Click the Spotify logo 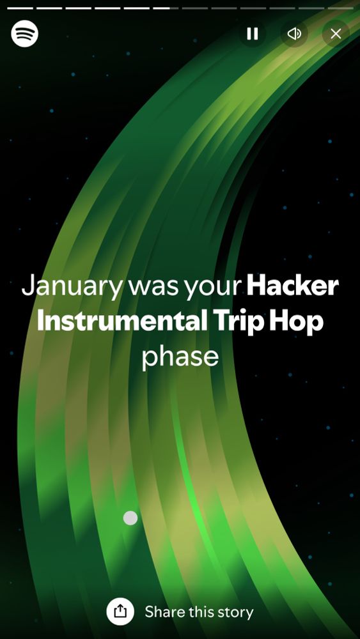point(24,33)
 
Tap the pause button point(253,33)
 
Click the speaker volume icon point(294,33)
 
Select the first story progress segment point(20,8)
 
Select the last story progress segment point(340,8)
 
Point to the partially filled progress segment point(166,8)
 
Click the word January point(71,286)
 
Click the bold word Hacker point(293,286)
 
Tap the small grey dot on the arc point(130,518)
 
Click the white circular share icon point(120,612)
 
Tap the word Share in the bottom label point(165,612)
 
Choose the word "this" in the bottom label point(201,612)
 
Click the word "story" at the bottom point(235,612)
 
